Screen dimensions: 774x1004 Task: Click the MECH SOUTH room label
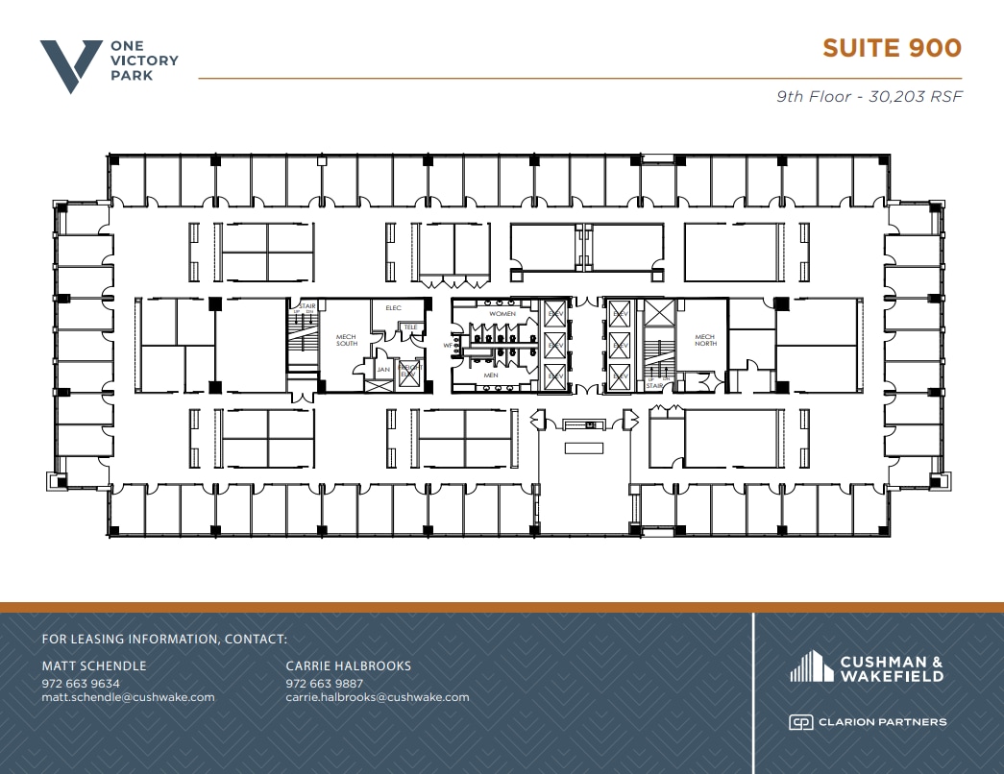tap(346, 340)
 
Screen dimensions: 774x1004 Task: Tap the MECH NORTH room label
tap(705, 340)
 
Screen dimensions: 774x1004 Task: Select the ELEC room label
tap(392, 308)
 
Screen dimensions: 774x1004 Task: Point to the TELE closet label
tap(410, 327)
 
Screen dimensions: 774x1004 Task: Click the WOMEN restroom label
tap(502, 314)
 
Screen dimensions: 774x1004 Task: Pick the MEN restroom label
tap(491, 375)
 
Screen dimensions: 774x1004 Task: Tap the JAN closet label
tap(383, 369)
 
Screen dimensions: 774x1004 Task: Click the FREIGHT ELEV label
tap(410, 370)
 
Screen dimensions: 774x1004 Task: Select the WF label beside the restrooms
tap(447, 345)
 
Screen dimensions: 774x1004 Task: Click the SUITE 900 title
tap(891, 48)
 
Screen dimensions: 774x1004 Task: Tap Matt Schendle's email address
tap(128, 697)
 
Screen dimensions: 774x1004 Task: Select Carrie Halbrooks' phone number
tap(324, 684)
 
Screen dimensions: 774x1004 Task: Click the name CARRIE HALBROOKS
tap(348, 665)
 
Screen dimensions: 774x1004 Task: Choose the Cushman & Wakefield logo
tap(866, 666)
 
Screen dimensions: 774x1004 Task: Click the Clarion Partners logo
tap(867, 722)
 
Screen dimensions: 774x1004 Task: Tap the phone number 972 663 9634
tap(81, 684)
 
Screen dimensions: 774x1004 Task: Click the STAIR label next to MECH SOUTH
tap(307, 307)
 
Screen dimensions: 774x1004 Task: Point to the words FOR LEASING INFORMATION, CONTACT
tap(164, 639)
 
